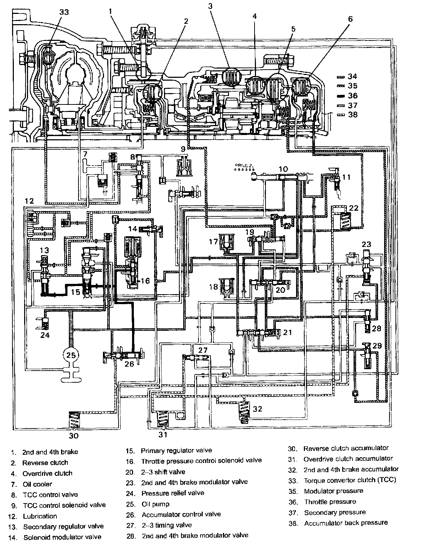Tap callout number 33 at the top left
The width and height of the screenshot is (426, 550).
click(64, 12)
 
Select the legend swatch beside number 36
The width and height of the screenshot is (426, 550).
click(342, 96)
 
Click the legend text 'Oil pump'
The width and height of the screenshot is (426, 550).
click(155, 504)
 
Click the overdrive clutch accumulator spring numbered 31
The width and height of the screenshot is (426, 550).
click(163, 419)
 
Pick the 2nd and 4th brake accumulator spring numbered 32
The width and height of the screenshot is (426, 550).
click(244, 411)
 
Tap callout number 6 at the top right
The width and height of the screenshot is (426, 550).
click(350, 19)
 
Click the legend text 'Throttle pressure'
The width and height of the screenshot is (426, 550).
click(330, 502)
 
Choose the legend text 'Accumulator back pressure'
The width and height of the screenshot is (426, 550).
click(346, 523)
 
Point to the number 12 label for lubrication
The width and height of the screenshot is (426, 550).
click(29, 201)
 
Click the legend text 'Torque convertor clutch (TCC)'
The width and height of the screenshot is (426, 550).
click(350, 480)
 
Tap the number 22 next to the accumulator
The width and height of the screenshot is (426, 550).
click(354, 208)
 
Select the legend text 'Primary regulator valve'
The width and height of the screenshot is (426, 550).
click(176, 451)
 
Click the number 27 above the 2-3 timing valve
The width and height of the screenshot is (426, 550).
click(203, 350)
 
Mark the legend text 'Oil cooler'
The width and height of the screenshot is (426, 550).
click(37, 484)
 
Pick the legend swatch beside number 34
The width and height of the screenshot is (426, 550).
click(342, 76)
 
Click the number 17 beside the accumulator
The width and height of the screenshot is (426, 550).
click(213, 242)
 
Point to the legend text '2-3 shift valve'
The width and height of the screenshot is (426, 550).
click(163, 472)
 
